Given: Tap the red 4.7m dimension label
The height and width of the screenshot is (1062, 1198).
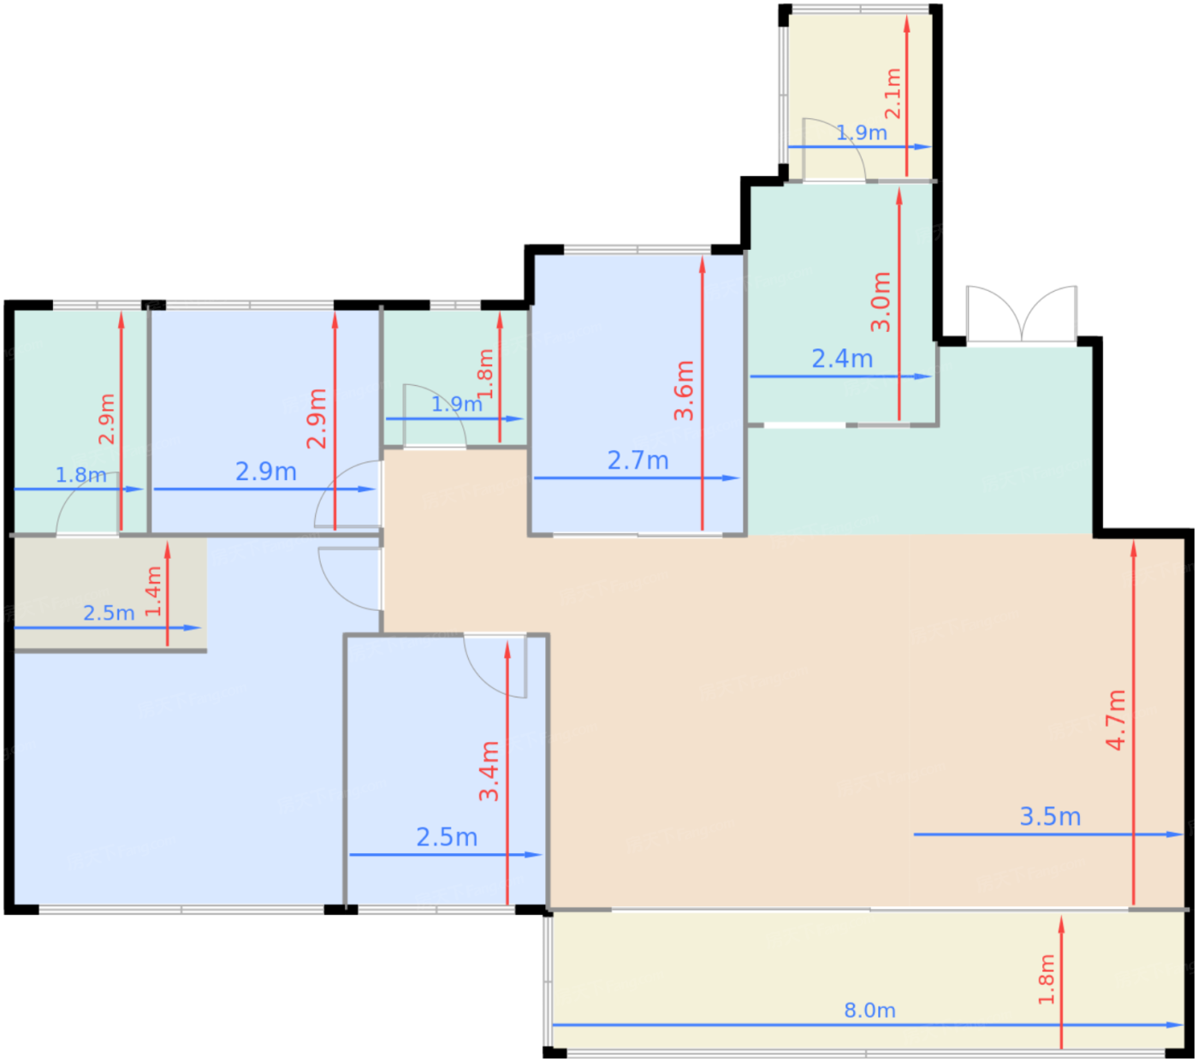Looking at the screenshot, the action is [x=1116, y=721].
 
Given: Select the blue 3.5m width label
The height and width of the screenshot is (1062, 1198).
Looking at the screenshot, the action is [x=1050, y=816].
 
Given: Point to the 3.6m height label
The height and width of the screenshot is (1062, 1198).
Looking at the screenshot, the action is [x=685, y=390].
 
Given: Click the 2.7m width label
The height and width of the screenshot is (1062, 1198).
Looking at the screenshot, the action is [x=638, y=460].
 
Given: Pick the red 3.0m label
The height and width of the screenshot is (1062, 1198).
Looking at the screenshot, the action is [x=881, y=301].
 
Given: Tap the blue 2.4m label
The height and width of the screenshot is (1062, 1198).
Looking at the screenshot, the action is [x=842, y=359].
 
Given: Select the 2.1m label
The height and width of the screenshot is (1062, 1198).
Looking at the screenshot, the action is [x=893, y=93].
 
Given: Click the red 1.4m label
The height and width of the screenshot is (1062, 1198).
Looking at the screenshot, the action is [x=153, y=591].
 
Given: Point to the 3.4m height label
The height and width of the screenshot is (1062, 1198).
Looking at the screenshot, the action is [x=489, y=771].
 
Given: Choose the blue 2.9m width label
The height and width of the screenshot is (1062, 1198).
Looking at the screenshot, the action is [x=266, y=472].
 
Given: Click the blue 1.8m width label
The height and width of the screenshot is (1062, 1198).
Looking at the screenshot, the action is [x=81, y=475].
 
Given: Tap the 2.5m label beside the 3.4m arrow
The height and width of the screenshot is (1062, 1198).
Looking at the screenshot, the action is [x=447, y=837].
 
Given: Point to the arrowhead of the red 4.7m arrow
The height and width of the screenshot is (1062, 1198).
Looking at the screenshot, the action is [x=1134, y=549].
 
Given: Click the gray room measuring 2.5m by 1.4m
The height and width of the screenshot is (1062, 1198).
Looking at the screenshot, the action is [x=110, y=593].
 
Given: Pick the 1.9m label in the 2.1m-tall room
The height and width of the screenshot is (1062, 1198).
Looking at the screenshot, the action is [x=862, y=133].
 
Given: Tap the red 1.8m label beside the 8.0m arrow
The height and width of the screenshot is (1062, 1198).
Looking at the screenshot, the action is [x=1046, y=979].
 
